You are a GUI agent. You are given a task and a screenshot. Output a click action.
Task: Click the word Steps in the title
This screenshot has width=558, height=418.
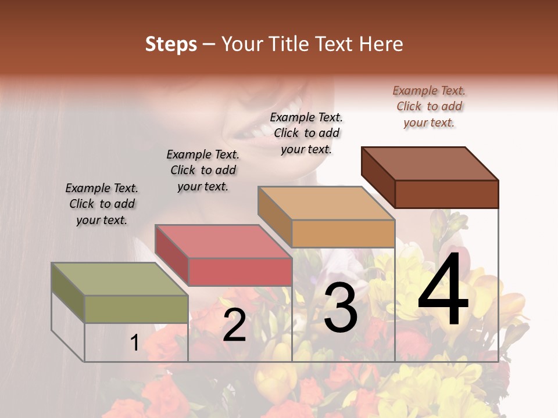pyautogui.click(x=171, y=44)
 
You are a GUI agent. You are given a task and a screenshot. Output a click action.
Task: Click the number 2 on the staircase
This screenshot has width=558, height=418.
pyautogui.click(x=234, y=325)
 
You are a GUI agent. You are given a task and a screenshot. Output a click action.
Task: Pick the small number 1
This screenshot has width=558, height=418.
pyautogui.click(x=134, y=343)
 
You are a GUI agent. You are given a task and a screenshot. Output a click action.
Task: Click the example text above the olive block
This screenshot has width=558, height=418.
pyautogui.click(x=102, y=204)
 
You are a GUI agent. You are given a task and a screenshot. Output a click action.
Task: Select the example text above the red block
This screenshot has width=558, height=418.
pyautogui.click(x=203, y=170)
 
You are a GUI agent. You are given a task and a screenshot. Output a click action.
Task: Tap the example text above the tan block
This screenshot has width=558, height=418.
pyautogui.click(x=306, y=133)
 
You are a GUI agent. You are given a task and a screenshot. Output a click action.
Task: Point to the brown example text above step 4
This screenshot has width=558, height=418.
pyautogui.click(x=429, y=106)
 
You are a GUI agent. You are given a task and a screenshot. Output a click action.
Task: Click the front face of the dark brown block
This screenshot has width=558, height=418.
pyautogui.click(x=446, y=194)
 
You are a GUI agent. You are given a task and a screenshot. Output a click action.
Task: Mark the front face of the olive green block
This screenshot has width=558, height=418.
pyautogui.click(x=136, y=309)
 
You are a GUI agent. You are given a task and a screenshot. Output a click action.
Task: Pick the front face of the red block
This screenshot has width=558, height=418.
pyautogui.click(x=240, y=272)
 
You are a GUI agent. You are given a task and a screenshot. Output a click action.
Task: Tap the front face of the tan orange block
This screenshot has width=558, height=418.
pyautogui.click(x=343, y=233)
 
